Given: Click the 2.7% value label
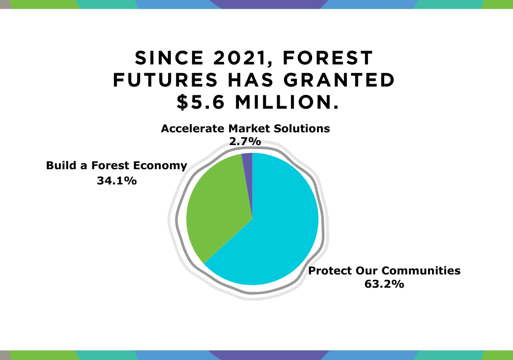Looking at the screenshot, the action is coord(245,141).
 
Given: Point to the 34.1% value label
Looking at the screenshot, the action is coord(117,180).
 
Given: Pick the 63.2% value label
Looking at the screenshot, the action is coord(384,284).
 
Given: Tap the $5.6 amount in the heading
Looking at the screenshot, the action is coord(200,102).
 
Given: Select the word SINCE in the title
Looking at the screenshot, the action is coord(170,58).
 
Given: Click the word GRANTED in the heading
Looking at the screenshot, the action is coord(339,80).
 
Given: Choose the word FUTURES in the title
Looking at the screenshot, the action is coord(165,80).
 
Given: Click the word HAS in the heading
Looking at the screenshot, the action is coord(251,80).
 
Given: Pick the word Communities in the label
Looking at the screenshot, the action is coord(421,270).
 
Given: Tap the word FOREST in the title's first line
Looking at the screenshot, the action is coord(327,58).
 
